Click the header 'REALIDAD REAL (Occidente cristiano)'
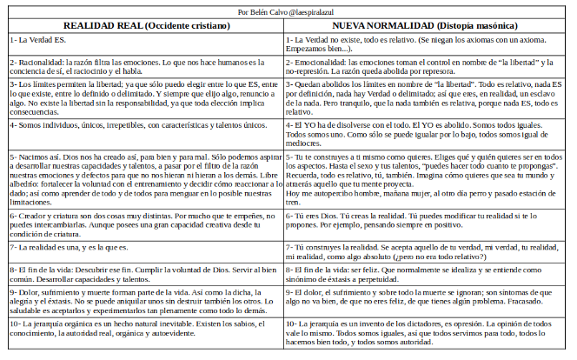tap(143, 26)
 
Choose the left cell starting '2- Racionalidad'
tap(143, 68)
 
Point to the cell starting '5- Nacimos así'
tap(143, 183)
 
